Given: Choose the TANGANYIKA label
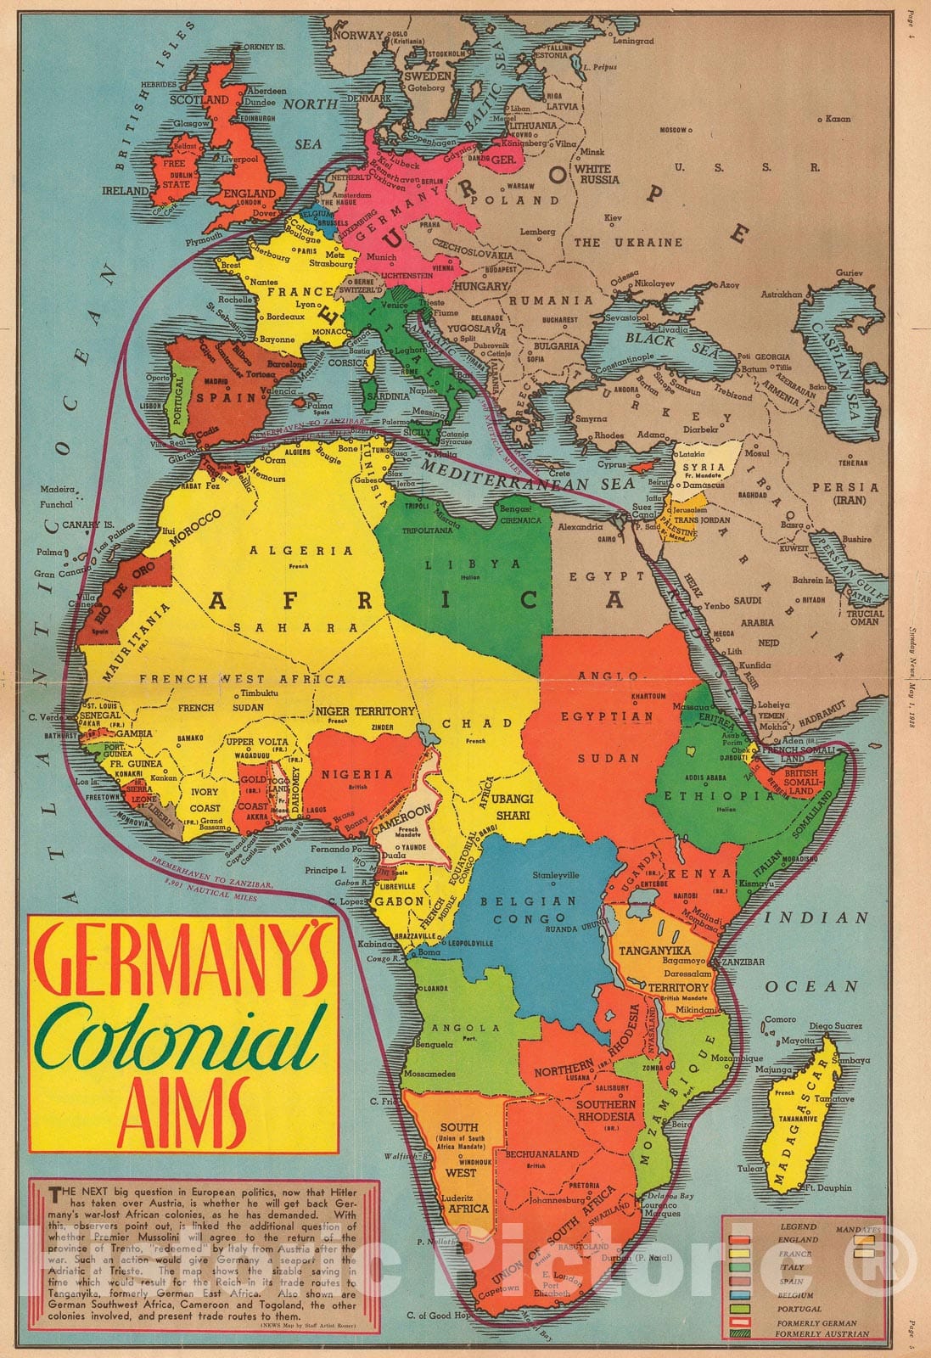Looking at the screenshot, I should pos(654,951).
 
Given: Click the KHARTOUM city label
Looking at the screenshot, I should pos(648,696).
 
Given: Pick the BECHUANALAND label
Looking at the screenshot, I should pos(541,1154).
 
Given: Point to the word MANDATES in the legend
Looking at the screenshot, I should pos(857,1229).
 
